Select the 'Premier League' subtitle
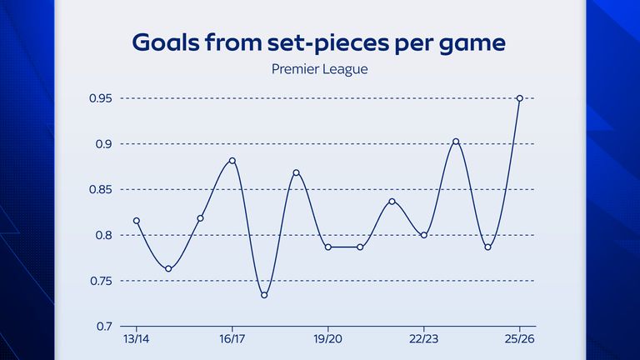coord(320,69)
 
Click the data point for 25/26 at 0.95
coord(520,98)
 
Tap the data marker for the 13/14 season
coord(137,221)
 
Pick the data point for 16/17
coord(232,161)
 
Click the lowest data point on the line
coord(264,295)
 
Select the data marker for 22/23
coord(424,235)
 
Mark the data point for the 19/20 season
coord(328,247)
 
